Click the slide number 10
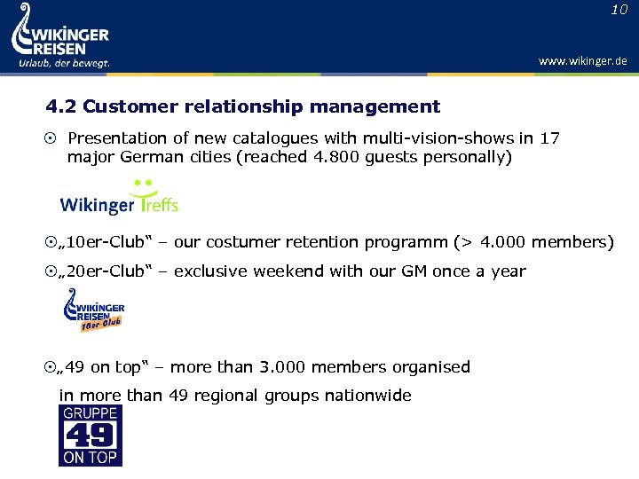click(x=619, y=10)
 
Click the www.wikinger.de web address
click(x=582, y=61)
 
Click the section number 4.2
click(x=61, y=107)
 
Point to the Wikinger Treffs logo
click(x=119, y=198)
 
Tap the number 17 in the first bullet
click(x=550, y=138)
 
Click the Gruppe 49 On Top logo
click(x=91, y=436)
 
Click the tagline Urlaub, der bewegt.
click(x=64, y=63)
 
